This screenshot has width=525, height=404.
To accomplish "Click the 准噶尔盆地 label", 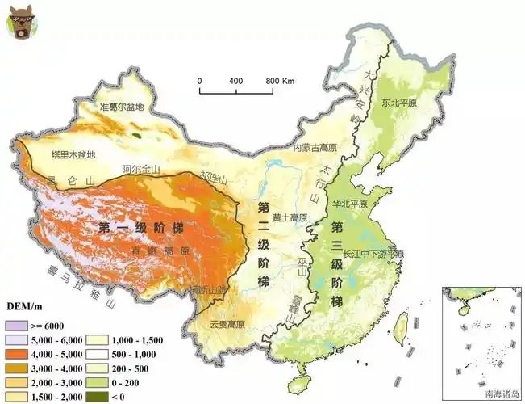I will (121, 107).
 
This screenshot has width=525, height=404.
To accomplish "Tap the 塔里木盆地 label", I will (73, 154).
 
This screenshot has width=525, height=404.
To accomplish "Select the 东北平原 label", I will (400, 103).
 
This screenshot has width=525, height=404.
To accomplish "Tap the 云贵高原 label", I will (228, 324).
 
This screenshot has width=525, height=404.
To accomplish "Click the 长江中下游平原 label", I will (373, 254).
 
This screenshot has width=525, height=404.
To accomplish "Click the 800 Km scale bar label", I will (280, 82).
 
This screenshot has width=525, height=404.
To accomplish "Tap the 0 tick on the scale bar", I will (200, 82).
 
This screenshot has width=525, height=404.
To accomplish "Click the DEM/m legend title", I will (25, 307).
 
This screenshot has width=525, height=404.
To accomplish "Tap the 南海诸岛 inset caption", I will (500, 394).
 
